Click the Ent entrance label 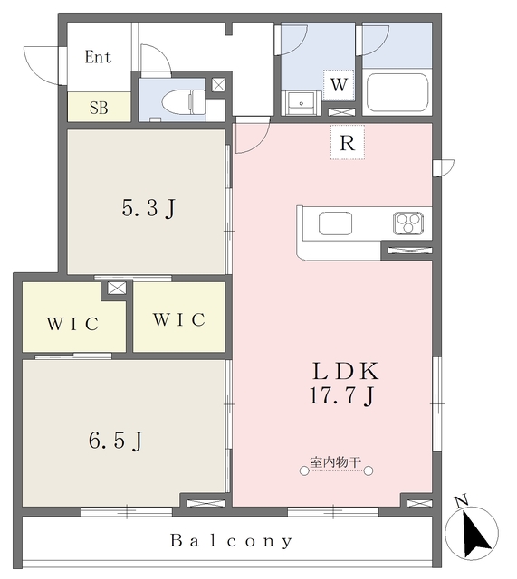pyautogui.click(x=98, y=57)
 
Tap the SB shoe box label pyautogui.click(x=99, y=108)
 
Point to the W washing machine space pyautogui.click(x=339, y=84)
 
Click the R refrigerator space pyautogui.click(x=348, y=142)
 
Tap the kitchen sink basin pyautogui.click(x=335, y=223)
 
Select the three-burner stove pyautogui.click(x=408, y=223)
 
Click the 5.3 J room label pyautogui.click(x=148, y=208)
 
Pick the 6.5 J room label pyautogui.click(x=116, y=441)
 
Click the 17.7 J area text pyautogui.click(x=342, y=395)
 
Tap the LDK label pyautogui.click(x=346, y=371)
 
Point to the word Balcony pyautogui.click(x=232, y=541)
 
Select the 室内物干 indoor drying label pyautogui.click(x=335, y=461)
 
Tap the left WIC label pyautogui.click(x=72, y=324)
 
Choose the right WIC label pyautogui.click(x=179, y=319)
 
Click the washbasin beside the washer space pyautogui.click(x=301, y=102)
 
